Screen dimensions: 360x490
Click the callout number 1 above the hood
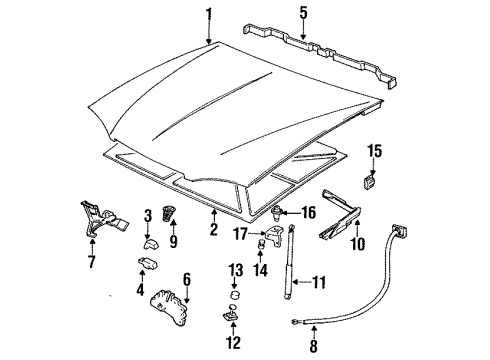coord(208,14)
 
